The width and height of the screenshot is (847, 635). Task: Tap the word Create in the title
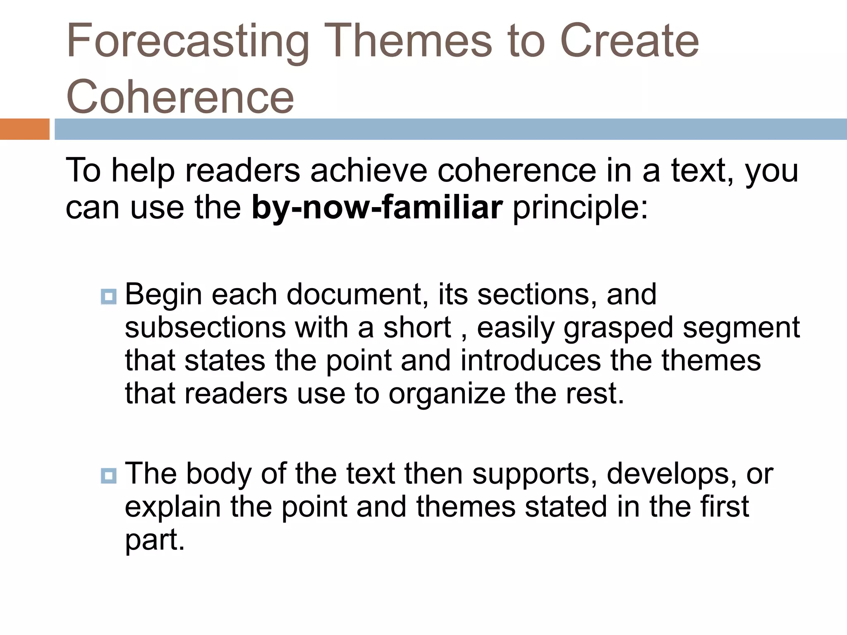[629, 41]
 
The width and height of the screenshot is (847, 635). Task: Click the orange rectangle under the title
[24, 129]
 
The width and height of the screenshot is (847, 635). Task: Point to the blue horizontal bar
[450, 129]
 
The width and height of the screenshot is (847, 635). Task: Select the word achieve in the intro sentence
[368, 170]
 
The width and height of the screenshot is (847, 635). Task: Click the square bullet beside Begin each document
[108, 296]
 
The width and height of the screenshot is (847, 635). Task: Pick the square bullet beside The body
[108, 475]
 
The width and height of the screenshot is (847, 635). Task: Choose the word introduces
[530, 360]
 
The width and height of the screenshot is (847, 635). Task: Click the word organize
[447, 394]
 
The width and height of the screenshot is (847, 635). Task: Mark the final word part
[154, 540]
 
